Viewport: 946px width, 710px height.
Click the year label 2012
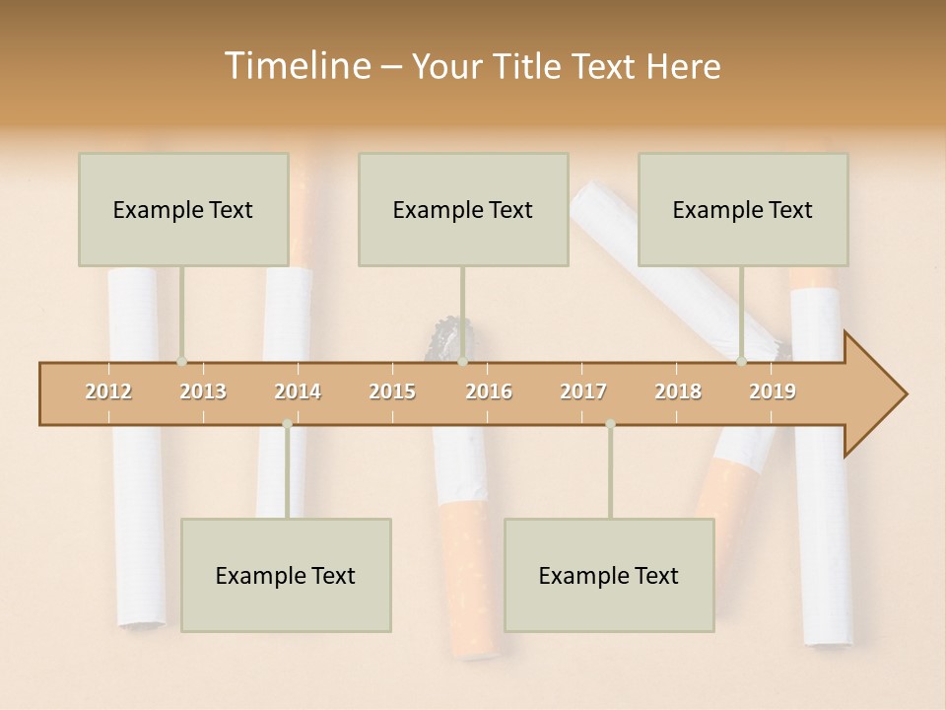tap(108, 391)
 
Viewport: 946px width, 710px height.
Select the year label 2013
tap(203, 391)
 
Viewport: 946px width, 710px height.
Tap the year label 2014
tap(298, 391)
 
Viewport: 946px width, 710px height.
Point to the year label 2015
tap(392, 391)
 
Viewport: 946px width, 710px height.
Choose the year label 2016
tap(489, 391)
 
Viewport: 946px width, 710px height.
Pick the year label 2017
tap(583, 391)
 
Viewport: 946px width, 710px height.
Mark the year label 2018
tap(678, 391)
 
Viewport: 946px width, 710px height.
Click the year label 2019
tap(773, 391)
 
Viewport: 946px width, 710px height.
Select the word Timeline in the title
tap(296, 66)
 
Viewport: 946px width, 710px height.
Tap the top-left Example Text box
tap(183, 209)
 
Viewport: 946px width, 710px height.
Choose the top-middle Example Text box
tap(463, 209)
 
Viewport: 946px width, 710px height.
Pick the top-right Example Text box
tap(743, 209)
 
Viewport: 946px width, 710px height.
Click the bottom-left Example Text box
tap(286, 575)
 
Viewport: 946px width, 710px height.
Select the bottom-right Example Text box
tap(609, 575)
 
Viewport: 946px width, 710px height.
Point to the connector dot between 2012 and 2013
tap(181, 362)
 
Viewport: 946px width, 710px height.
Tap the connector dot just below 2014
tap(287, 424)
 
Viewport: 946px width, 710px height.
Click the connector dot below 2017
tap(610, 424)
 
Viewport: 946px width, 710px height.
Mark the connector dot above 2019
tap(741, 362)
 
